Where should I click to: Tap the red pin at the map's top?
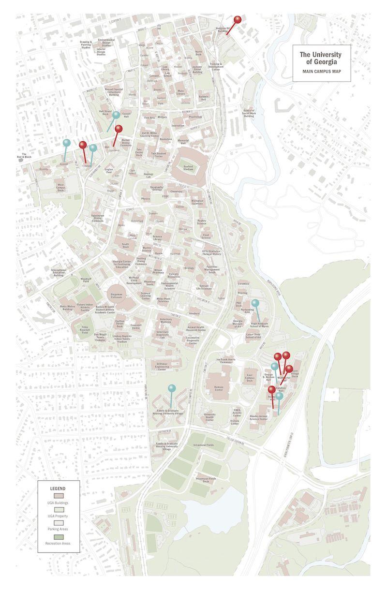pos(237,20)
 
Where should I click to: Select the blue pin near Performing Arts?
pos(255,303)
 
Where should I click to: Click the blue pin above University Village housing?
pos(172,388)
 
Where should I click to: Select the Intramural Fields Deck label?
pos(206,480)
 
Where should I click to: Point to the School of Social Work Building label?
pos(249,113)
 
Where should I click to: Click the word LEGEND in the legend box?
pos(58,488)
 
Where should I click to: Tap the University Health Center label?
pos(209,417)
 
